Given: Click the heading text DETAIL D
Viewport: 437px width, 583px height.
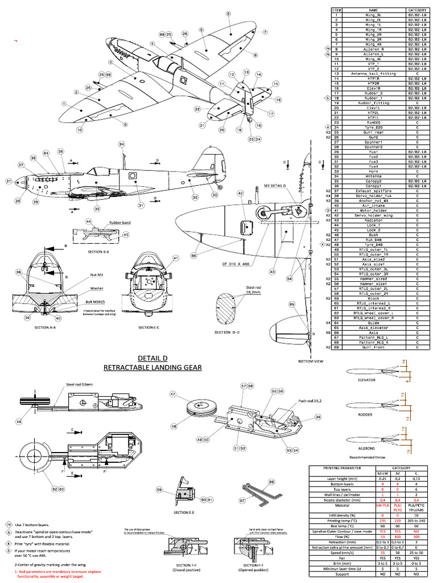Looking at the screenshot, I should click(152, 358).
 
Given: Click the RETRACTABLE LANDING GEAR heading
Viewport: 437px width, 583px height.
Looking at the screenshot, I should click(152, 367).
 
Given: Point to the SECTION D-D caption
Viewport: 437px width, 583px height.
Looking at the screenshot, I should click(230, 332).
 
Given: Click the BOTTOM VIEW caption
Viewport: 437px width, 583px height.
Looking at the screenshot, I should click(311, 361).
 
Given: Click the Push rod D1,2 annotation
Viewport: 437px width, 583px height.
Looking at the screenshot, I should click(312, 401).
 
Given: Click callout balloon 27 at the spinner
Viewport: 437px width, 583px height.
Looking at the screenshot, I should click(9, 181).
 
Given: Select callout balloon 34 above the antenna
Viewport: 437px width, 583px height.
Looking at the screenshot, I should click(121, 144).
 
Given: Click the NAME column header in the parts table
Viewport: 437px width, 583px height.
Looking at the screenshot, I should click(373, 10).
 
